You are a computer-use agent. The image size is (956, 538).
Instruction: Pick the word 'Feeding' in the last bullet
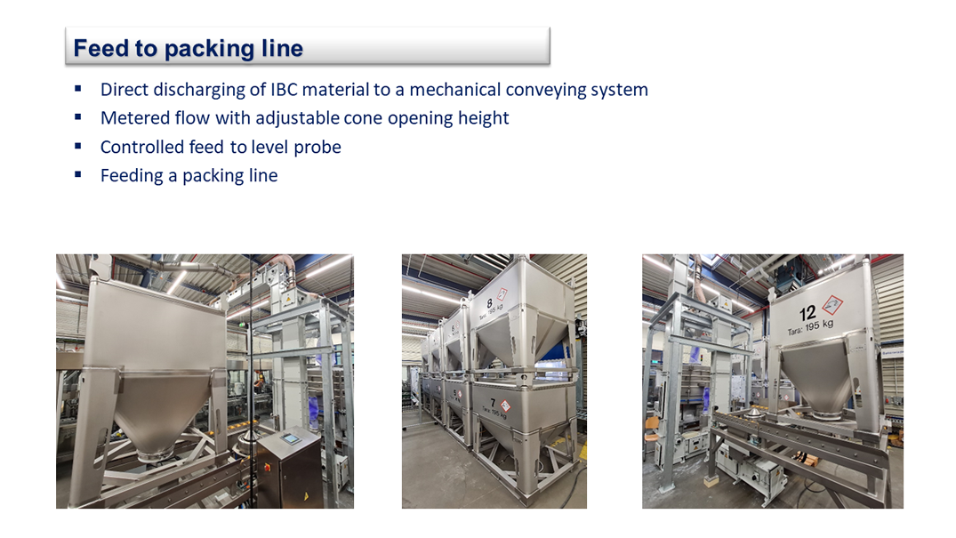[x=132, y=176]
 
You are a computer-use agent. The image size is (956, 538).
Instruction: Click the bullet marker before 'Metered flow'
[x=78, y=116]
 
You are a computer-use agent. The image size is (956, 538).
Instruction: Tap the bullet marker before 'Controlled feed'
[x=78, y=146]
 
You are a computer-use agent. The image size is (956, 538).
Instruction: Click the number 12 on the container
[x=807, y=314]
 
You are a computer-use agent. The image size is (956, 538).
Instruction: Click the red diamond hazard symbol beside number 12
[x=832, y=304]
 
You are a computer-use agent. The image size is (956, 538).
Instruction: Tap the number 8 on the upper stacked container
[x=489, y=303]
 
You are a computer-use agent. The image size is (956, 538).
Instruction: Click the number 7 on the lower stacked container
[x=493, y=404]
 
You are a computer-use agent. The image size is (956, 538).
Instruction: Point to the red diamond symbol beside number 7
[x=505, y=406]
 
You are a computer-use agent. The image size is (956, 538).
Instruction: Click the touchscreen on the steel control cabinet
[x=290, y=438]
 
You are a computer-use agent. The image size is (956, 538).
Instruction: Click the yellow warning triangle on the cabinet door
[x=306, y=497]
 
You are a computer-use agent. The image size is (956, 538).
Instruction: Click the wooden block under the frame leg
[x=711, y=482]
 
